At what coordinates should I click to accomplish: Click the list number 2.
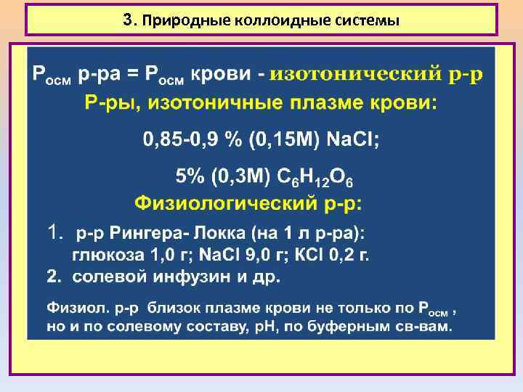click(53, 277)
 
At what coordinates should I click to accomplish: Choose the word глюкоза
click(105, 256)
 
